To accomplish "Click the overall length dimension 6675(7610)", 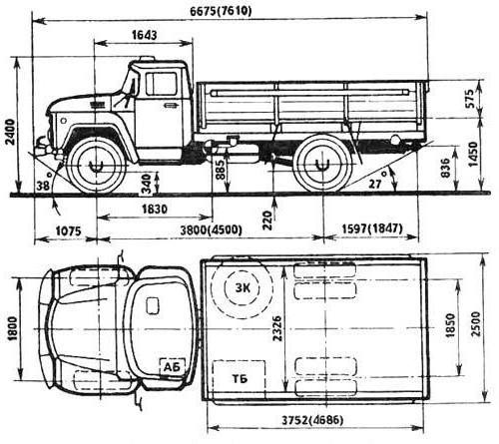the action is [x=221, y=11].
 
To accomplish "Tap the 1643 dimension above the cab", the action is [x=144, y=35].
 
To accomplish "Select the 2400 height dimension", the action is [x=11, y=132].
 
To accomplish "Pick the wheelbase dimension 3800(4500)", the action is [x=211, y=229].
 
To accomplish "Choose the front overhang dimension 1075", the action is [x=68, y=230].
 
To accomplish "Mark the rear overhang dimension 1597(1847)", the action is [x=372, y=228].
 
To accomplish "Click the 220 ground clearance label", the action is [x=267, y=220].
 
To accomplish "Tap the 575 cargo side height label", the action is [x=471, y=99].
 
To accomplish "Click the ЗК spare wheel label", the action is [x=243, y=287].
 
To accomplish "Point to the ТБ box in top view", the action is [x=240, y=378].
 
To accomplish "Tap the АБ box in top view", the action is [x=173, y=367].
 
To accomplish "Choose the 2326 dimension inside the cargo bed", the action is [x=277, y=328].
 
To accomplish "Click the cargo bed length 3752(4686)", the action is [x=312, y=420].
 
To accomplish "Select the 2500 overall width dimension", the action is [x=476, y=324].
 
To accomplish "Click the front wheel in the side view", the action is [x=97, y=165].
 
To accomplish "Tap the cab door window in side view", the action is [x=161, y=84].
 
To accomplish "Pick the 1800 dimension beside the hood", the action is [x=12, y=328].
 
